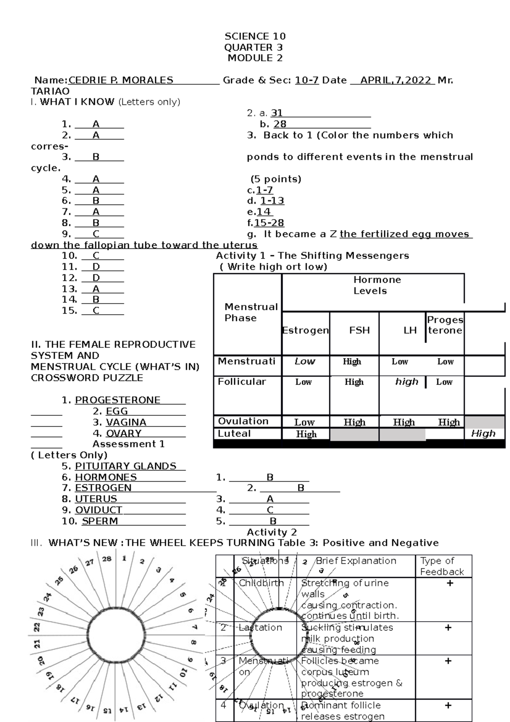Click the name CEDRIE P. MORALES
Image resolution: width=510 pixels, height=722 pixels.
(121, 80)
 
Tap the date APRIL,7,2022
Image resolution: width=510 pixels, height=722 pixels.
(395, 80)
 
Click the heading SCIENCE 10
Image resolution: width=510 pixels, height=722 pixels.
(255, 36)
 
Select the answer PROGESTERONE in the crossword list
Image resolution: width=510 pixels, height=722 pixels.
(117, 400)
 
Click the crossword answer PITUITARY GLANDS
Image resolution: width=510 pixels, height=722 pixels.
(125, 466)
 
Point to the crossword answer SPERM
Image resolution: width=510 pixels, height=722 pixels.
(100, 521)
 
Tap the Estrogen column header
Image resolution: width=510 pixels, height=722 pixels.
(305, 330)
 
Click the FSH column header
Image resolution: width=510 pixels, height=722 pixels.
(360, 330)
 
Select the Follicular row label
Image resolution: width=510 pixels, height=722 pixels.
(242, 382)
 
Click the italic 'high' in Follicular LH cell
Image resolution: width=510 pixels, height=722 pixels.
(407, 382)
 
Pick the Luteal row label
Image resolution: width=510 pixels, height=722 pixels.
(234, 434)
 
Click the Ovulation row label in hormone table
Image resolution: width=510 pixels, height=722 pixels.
(243, 421)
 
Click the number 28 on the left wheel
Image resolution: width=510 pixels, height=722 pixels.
(107, 559)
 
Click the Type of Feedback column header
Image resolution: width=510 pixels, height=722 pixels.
(442, 566)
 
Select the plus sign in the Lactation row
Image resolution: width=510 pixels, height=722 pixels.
(448, 628)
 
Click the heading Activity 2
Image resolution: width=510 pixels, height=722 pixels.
(272, 532)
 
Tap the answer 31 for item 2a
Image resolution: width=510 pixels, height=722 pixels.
(277, 113)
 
